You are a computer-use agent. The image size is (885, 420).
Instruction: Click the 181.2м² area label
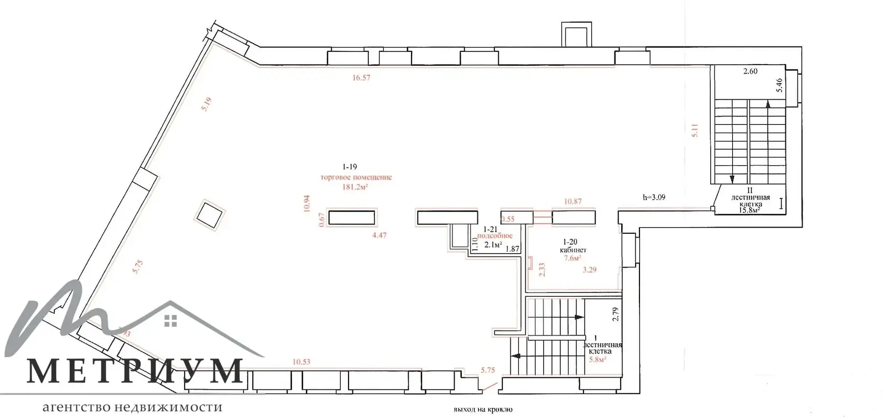356,187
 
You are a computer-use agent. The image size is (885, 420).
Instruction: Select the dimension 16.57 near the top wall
361,78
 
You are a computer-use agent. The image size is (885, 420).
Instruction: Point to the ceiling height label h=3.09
654,197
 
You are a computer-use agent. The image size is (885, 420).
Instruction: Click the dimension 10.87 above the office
572,202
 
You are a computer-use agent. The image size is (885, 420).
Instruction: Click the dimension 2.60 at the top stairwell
750,71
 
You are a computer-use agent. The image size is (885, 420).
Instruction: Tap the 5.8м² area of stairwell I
597,359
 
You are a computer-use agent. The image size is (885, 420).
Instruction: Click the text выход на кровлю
483,410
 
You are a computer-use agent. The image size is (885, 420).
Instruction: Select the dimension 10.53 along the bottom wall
301,362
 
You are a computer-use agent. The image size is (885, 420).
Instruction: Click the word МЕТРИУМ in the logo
135,371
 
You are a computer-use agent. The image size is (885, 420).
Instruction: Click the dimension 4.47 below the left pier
379,235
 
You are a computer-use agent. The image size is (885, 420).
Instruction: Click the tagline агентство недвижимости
133,408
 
